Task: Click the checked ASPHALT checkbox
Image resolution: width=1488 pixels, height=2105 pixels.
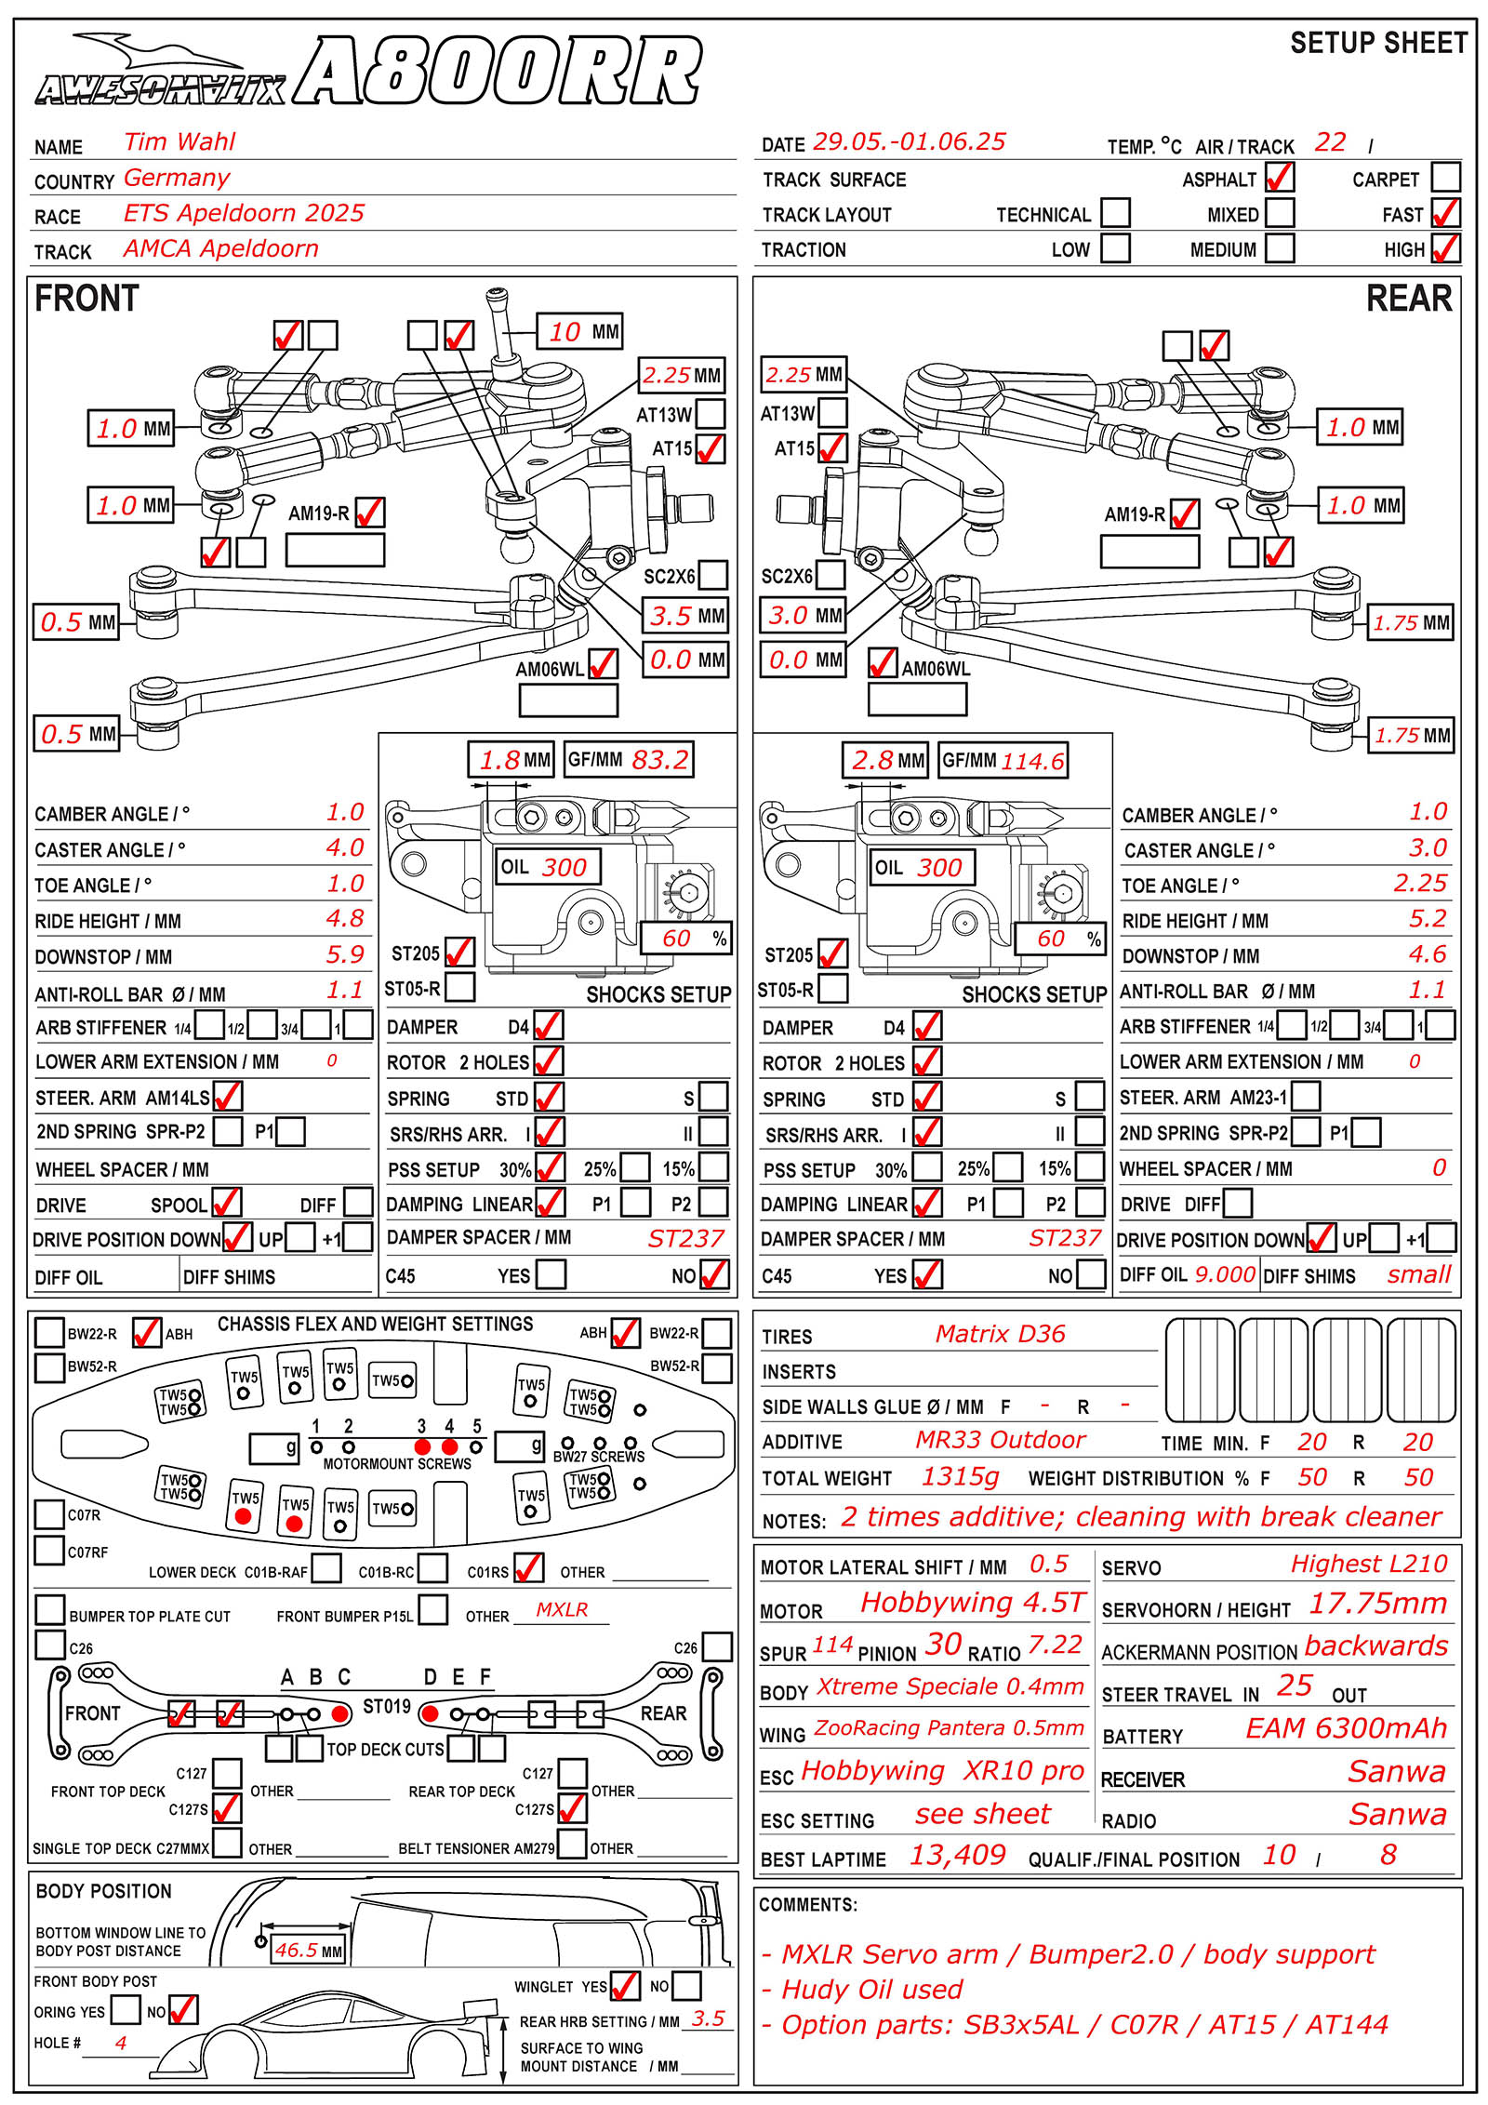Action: click(x=1280, y=177)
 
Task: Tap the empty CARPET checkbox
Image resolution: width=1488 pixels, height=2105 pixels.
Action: click(x=1445, y=177)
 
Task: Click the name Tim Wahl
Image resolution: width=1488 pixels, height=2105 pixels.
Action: click(x=179, y=141)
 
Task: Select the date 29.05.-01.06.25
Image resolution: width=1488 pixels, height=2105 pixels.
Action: click(x=909, y=141)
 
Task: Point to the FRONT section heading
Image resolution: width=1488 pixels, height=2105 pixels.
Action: click(x=86, y=299)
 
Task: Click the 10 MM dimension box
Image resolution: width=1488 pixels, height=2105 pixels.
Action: click(x=579, y=331)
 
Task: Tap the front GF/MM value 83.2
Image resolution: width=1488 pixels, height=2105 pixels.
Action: click(x=660, y=760)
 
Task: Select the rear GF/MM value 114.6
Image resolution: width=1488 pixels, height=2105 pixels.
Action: click(x=1032, y=761)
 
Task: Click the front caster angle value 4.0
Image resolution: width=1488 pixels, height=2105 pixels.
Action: click(x=345, y=847)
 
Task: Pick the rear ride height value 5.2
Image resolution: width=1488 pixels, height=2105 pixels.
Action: click(x=1428, y=919)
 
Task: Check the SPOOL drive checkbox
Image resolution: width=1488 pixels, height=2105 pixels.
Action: click(x=227, y=1204)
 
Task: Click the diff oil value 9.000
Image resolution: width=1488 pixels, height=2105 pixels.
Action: click(x=1225, y=1274)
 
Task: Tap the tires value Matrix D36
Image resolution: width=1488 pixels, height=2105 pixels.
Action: click(x=1000, y=1334)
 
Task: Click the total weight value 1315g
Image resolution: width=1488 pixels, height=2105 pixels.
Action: click(x=960, y=1476)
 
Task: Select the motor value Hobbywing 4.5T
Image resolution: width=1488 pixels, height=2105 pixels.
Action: click(x=972, y=1603)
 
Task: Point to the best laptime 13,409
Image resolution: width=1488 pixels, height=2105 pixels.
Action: click(x=957, y=1855)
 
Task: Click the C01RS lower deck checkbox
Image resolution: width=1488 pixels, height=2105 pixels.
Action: click(x=528, y=1569)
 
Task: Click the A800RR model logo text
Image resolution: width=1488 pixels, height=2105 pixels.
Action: click(x=498, y=71)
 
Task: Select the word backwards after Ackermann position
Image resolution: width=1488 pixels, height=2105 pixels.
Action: click(x=1375, y=1645)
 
